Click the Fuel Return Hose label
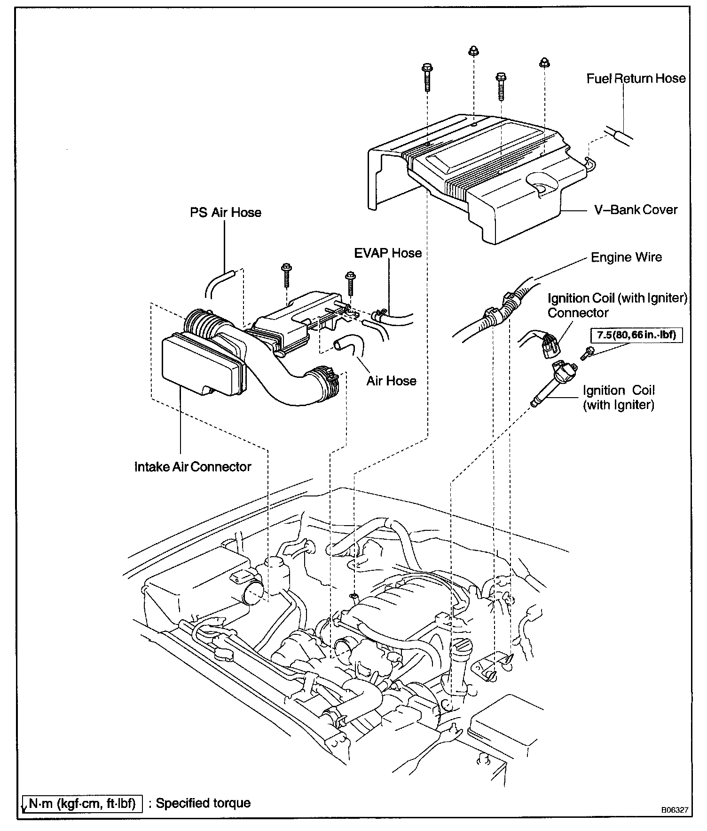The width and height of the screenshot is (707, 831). (636, 78)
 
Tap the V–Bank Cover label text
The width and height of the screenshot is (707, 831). (636, 209)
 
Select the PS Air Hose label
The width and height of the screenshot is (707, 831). (225, 213)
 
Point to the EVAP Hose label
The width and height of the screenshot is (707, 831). (388, 253)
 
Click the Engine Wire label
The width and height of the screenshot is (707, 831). (626, 257)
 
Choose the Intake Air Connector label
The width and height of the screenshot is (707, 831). (193, 467)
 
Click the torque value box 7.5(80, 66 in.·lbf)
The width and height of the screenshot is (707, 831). (636, 335)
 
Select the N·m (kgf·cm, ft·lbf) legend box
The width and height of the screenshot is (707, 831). (82, 803)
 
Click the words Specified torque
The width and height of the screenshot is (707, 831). (203, 803)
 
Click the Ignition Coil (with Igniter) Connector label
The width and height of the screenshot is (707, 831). (617, 305)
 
